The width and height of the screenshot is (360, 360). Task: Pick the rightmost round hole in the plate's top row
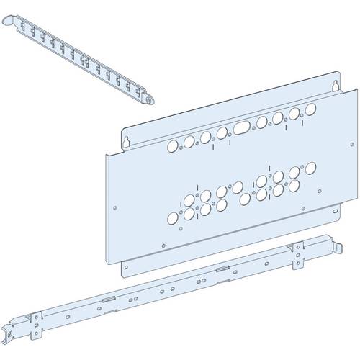[312, 110]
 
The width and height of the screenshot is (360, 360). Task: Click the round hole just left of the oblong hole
[223, 132]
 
